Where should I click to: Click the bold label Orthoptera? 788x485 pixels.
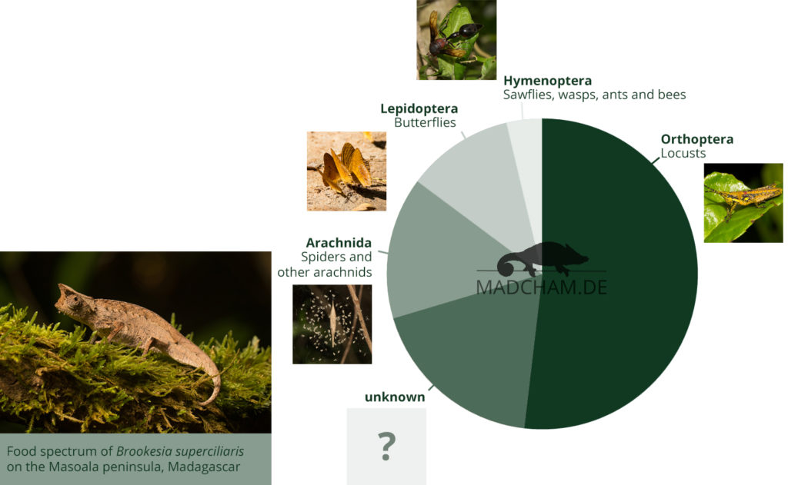(x=696, y=139)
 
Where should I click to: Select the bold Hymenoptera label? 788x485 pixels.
(x=547, y=81)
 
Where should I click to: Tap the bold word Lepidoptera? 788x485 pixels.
(x=419, y=108)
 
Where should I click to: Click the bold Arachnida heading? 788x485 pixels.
(x=339, y=243)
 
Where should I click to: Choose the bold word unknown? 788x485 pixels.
(x=395, y=397)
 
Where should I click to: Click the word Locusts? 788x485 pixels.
(x=683, y=153)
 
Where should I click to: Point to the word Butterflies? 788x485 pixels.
(x=425, y=122)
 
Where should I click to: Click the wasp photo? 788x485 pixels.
(x=456, y=40)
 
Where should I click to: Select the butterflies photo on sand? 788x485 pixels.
(x=347, y=171)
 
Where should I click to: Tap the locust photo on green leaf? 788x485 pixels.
(x=743, y=203)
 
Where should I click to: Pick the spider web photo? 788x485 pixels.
(x=332, y=324)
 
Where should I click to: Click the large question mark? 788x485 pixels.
(x=386, y=446)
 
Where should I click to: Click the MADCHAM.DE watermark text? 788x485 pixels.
(x=541, y=287)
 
